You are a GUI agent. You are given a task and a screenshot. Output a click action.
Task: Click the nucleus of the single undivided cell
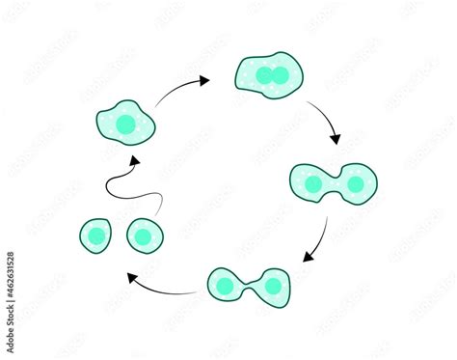[125, 123]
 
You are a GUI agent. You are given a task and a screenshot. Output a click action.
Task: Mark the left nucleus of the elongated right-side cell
[312, 183]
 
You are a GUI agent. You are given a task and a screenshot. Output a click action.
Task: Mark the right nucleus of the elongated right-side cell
[355, 183]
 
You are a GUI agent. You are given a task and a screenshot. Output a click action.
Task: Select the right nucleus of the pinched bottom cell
[273, 286]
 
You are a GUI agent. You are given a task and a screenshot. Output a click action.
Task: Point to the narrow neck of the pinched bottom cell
[249, 286]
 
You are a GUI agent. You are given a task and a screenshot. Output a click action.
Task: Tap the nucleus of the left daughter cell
[97, 235]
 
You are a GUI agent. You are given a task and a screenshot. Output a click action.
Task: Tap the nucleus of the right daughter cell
[143, 235]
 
